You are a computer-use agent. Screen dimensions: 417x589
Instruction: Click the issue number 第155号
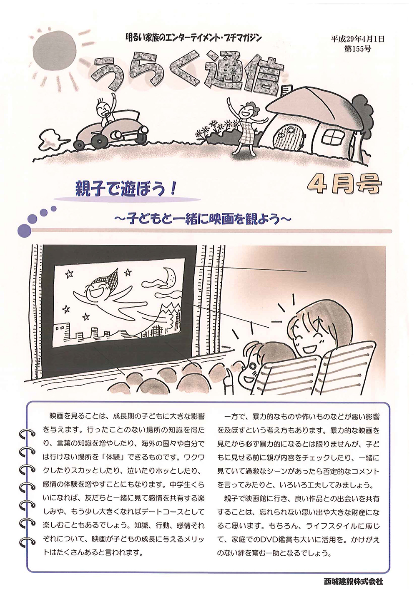357,49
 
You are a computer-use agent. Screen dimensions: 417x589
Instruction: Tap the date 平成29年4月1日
357,39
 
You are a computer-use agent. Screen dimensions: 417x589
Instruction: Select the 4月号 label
344,184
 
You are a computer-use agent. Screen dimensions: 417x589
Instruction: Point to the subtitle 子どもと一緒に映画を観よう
203,219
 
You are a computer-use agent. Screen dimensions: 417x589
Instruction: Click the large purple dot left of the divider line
24,231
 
